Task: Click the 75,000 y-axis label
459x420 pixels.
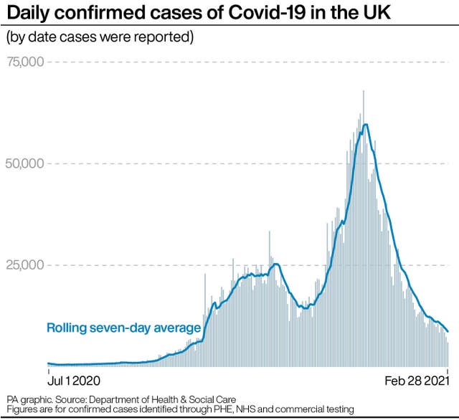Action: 27,62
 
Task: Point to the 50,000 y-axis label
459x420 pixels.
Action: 27,163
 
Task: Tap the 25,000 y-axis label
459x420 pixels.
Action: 27,265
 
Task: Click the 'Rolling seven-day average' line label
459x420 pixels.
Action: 123,328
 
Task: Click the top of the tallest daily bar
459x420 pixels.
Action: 364,92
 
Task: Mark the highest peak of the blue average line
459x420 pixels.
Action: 366,125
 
